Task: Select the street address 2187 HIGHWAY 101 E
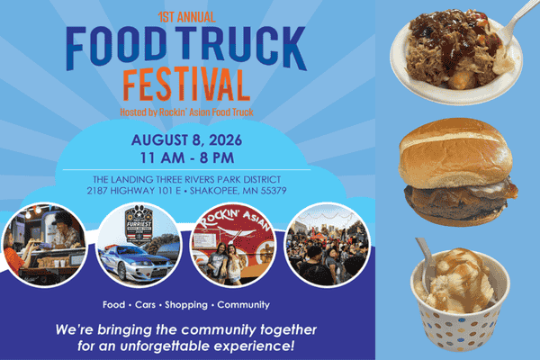pos(131,191)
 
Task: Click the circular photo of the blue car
pos(134,244)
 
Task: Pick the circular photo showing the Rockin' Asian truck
pos(227,244)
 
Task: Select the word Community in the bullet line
pos(243,305)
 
